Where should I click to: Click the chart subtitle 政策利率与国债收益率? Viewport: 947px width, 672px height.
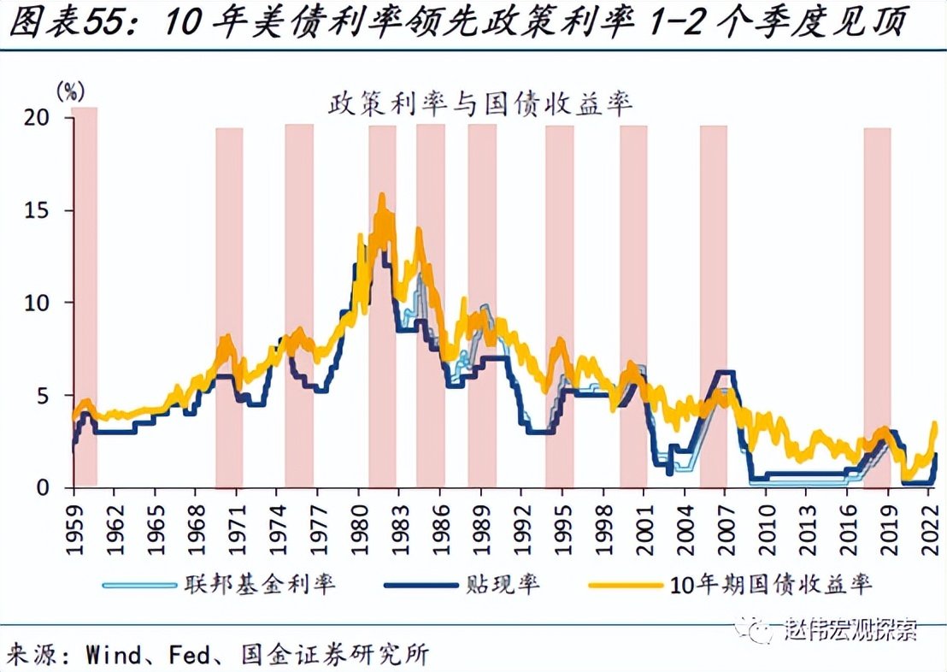(x=479, y=104)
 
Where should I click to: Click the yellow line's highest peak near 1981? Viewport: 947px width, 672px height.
(x=381, y=196)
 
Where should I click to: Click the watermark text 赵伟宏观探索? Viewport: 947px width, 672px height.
(x=850, y=631)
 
